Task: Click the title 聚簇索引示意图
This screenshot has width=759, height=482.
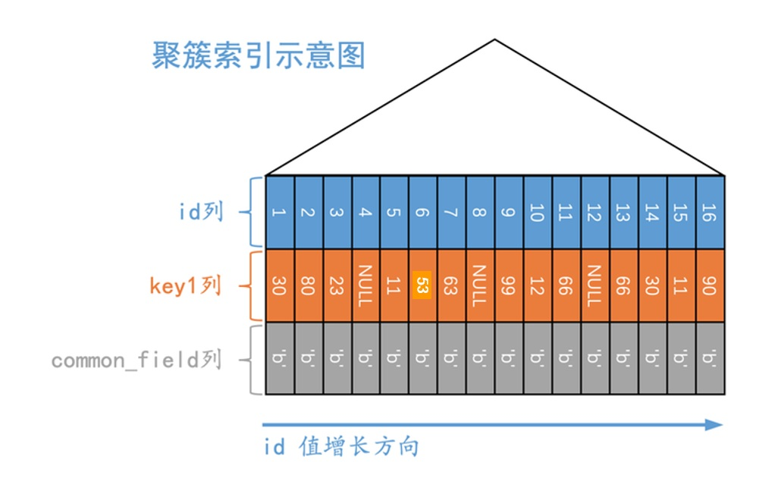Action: (259, 56)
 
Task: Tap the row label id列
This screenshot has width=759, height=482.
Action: (201, 212)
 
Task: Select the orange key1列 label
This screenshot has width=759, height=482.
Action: (184, 286)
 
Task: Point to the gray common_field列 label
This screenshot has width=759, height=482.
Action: (136, 359)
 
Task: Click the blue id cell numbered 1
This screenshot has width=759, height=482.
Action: (279, 213)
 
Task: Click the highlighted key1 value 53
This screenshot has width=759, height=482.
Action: (422, 285)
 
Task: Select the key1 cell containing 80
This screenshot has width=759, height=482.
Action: (308, 285)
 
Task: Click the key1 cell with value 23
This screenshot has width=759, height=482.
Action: (337, 285)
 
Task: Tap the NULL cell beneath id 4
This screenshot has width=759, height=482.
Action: (365, 285)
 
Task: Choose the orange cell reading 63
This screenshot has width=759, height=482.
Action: (451, 285)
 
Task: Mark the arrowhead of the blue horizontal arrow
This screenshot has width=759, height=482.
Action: (715, 424)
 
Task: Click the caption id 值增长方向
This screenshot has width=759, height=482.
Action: (341, 446)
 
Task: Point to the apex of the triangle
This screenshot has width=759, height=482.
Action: (495, 40)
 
